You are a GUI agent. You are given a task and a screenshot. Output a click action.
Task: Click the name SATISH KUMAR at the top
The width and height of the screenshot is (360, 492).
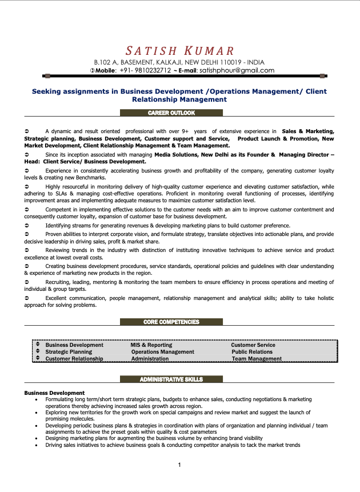pyautogui.click(x=180, y=51)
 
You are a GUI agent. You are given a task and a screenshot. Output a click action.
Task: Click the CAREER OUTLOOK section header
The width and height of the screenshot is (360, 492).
pyautogui.click(x=171, y=113)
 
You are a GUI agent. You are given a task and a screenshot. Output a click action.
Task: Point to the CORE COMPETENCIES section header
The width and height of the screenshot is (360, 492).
pyautogui.click(x=171, y=322)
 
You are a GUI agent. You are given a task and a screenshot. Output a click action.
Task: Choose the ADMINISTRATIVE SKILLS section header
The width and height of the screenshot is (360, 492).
pyautogui.click(x=171, y=379)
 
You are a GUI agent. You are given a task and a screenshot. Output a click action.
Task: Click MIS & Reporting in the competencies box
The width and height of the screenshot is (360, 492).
pyautogui.click(x=151, y=345)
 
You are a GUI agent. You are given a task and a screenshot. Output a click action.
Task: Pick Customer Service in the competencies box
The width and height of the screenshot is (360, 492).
pyautogui.click(x=253, y=345)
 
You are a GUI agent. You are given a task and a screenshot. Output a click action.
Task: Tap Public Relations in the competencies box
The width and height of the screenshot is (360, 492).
pyautogui.click(x=252, y=352)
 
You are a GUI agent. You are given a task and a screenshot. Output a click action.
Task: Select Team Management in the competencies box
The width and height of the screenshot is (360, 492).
pyautogui.click(x=257, y=359)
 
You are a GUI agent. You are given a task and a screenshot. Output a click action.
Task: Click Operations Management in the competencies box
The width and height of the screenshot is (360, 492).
pyautogui.click(x=162, y=352)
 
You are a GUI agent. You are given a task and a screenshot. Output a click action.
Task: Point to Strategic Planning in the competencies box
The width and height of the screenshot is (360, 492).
pyautogui.click(x=69, y=352)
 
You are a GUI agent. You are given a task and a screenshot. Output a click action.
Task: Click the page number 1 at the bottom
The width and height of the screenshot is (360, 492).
pyautogui.click(x=179, y=465)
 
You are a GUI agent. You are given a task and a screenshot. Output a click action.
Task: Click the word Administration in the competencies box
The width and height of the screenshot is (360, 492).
pyautogui.click(x=150, y=359)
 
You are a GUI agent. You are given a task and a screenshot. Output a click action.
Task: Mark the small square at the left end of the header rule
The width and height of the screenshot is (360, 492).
pyautogui.click(x=47, y=76)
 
